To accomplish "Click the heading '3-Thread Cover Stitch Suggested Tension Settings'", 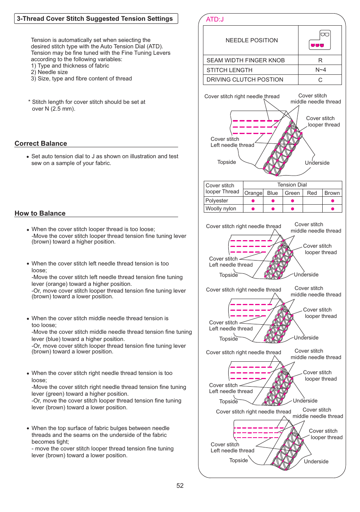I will pos(95,19).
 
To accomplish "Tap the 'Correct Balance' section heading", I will pos(41,143).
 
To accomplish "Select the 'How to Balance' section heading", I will pos(40,213).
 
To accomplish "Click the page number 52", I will pos(180,486).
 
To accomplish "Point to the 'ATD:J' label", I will pos(215,19).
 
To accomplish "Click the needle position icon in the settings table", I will pos(320,40).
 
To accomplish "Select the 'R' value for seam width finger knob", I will pos(320,60).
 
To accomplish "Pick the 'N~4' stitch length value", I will pos(320,70).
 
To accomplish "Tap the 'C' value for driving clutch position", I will pos(320,80).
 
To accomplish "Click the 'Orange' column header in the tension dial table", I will pos(253,193).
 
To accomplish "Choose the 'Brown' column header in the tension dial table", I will pos(332,193).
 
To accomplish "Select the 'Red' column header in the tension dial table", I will pos(312,193).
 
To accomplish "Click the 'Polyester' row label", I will pos(217,200).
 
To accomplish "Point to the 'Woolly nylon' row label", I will pos(221,208).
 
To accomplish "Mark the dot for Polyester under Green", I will pos(292,201).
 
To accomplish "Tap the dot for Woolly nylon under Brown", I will pos(332,209).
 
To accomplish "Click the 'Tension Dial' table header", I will pos(292,185).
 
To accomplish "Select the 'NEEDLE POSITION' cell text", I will pos(252,40).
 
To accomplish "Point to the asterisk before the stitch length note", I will pos(29,102).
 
